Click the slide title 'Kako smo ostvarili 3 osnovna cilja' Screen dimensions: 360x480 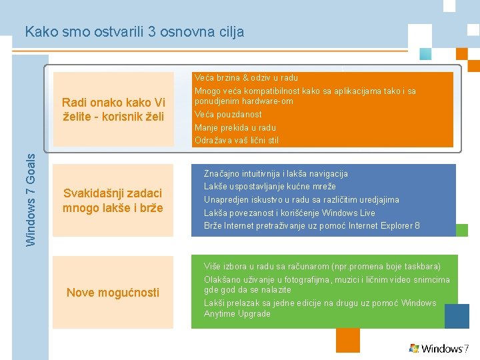(x=134, y=31)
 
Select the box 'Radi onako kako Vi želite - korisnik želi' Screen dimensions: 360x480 (x=113, y=109)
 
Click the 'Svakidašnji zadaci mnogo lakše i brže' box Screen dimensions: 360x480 (x=113, y=200)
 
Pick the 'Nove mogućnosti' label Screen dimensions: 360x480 (x=113, y=292)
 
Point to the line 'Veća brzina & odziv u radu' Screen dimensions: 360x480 (x=246, y=78)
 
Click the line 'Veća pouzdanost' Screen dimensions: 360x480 (x=228, y=114)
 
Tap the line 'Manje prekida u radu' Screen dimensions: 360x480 (x=235, y=127)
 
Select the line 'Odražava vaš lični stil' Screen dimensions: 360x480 (x=237, y=140)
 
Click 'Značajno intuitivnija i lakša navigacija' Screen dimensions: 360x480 (x=275, y=173)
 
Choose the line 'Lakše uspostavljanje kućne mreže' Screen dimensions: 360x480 (x=269, y=186)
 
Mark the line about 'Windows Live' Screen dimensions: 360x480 (x=289, y=213)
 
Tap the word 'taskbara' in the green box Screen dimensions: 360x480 (x=421, y=267)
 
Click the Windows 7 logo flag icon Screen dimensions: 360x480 (x=414, y=348)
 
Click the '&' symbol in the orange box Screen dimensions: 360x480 (x=245, y=78)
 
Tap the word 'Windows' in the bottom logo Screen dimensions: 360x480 (x=442, y=349)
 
